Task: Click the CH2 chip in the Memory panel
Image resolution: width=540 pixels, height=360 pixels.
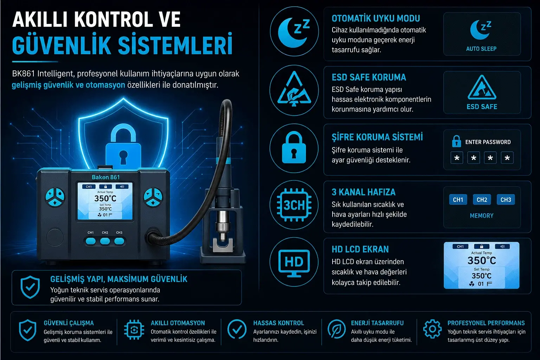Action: [x=482, y=200]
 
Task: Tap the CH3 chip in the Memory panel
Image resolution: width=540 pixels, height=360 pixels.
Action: [x=506, y=200]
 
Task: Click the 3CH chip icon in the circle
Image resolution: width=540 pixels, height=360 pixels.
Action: [x=294, y=205]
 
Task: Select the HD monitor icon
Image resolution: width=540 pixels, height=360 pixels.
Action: [x=294, y=263]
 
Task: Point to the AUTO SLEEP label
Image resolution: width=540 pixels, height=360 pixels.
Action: [x=481, y=49]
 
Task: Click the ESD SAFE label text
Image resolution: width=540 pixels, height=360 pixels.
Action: [x=482, y=107]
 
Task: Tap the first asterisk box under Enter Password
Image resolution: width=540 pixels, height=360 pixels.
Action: [x=457, y=158]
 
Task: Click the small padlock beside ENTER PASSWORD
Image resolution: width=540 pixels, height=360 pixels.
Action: [x=456, y=141]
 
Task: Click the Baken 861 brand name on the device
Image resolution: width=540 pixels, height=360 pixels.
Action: [x=105, y=177]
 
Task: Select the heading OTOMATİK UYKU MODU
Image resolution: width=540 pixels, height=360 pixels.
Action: [x=375, y=18]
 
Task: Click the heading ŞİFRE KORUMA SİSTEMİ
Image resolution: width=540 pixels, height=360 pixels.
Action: [x=377, y=137]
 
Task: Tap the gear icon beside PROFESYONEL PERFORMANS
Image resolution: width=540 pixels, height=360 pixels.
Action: [x=432, y=329]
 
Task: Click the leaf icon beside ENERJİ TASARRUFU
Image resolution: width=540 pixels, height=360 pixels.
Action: [x=336, y=329]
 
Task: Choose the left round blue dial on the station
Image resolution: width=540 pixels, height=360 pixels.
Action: [x=55, y=197]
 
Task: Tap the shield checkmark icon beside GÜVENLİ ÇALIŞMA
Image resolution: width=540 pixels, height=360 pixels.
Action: [x=28, y=330]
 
